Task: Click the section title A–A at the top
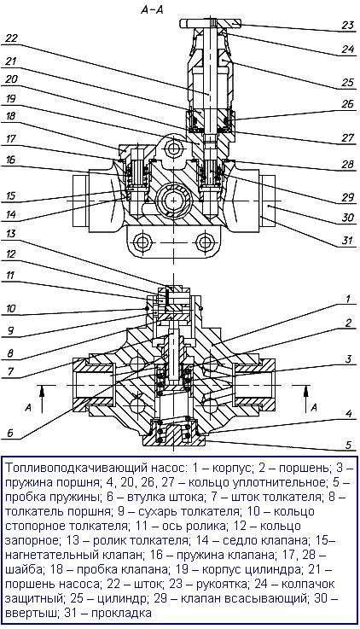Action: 152,10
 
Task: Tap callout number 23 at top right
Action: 347,26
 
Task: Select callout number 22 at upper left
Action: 12,39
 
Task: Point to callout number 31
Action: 347,241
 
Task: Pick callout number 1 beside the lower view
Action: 348,299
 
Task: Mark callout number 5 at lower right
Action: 348,445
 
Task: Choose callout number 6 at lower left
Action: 10,433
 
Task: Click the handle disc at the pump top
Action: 211,23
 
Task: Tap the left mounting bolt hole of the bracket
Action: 142,242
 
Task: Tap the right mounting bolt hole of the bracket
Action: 205,242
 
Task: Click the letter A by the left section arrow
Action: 28,408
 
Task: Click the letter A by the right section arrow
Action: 314,408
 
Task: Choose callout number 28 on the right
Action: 347,165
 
